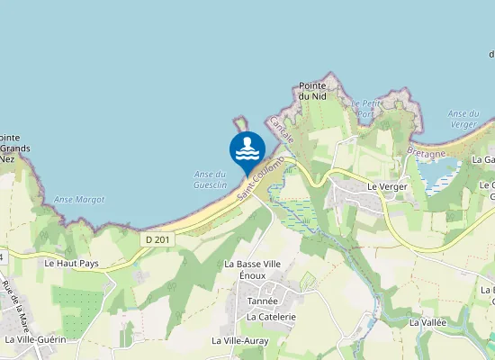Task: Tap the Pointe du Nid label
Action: [x=312, y=89]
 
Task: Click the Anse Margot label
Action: [x=73, y=199]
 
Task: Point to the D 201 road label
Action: [x=155, y=238]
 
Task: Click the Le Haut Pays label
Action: [x=70, y=264]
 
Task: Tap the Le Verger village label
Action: [x=387, y=186]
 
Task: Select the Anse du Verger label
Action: [x=462, y=119]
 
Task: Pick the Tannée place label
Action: [x=263, y=303]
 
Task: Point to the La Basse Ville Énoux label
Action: [x=255, y=270]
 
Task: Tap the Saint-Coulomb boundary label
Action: [x=261, y=177]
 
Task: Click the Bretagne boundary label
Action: [x=427, y=154]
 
